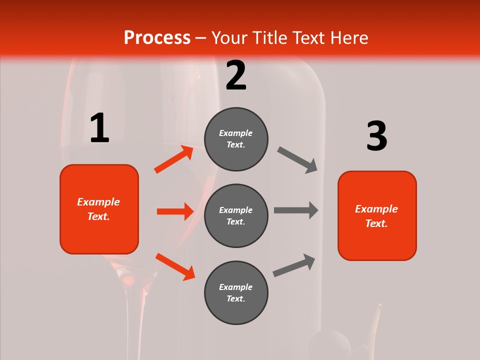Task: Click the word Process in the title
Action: pyautogui.click(x=157, y=38)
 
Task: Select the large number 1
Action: pyautogui.click(x=99, y=128)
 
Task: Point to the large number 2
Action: pyautogui.click(x=236, y=75)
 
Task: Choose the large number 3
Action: pyautogui.click(x=376, y=136)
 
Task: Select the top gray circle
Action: pyautogui.click(x=236, y=139)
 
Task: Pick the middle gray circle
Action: pyautogui.click(x=236, y=216)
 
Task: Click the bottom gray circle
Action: pyautogui.click(x=236, y=293)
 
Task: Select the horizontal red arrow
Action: pyautogui.click(x=175, y=211)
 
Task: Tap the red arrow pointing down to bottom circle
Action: pyautogui.click(x=175, y=266)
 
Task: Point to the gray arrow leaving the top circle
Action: pyautogui.click(x=297, y=160)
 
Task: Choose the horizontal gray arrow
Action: pyautogui.click(x=296, y=210)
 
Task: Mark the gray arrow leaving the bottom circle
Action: pyautogui.click(x=294, y=265)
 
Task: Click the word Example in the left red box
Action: pyautogui.click(x=98, y=202)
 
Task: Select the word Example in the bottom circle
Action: pyautogui.click(x=235, y=287)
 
